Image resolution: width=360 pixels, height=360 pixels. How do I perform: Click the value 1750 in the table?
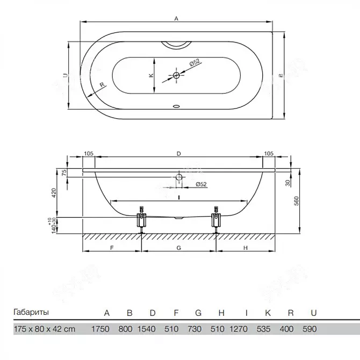(x=100, y=329)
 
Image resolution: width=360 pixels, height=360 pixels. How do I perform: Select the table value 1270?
(x=239, y=329)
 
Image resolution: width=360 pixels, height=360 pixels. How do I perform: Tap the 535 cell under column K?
(x=263, y=329)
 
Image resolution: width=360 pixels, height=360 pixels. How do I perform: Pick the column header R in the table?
(x=291, y=313)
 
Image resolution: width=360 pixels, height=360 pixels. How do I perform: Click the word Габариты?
(x=31, y=312)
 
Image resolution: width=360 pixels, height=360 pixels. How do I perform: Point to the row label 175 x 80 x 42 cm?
(x=45, y=329)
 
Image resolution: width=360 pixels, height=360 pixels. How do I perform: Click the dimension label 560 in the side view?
(x=297, y=201)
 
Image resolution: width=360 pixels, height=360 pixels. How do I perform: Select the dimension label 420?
(x=54, y=193)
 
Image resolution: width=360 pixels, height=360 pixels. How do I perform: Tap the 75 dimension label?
(x=64, y=172)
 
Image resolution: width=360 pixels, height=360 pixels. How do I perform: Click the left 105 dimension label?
(x=89, y=153)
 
